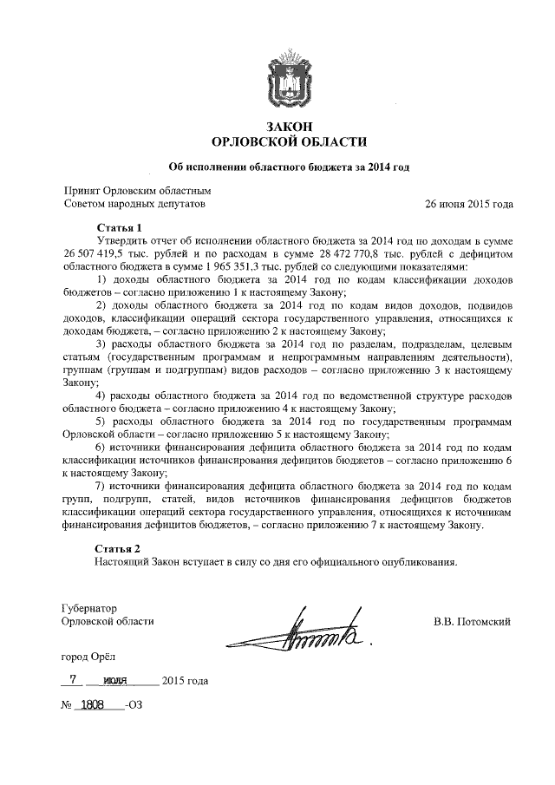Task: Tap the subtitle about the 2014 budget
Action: pyautogui.click(x=288, y=167)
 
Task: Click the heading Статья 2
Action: pyautogui.click(x=119, y=548)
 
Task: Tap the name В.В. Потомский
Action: pyautogui.click(x=472, y=621)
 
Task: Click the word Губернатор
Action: pyautogui.click(x=90, y=608)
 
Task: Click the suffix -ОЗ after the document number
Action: pyautogui.click(x=133, y=706)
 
